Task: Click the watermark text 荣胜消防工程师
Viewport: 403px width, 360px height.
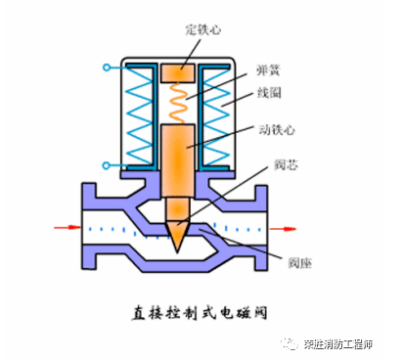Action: (x=346, y=343)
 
